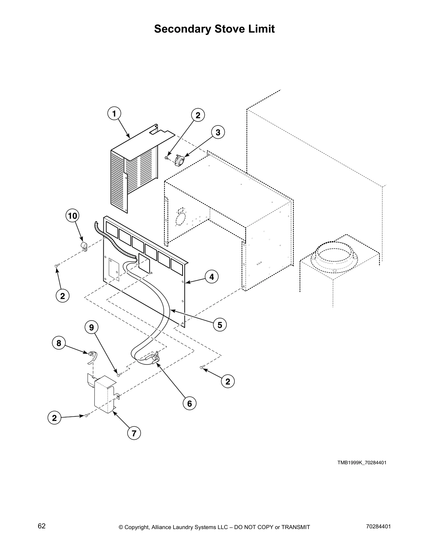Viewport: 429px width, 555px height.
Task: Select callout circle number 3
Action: (218, 132)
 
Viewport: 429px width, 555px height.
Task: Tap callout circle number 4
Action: (211, 277)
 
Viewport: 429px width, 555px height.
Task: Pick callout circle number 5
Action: (220, 325)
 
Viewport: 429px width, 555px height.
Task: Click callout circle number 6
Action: (189, 404)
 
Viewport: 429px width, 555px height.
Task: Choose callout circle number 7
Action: (134, 433)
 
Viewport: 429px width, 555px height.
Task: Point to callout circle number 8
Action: (59, 343)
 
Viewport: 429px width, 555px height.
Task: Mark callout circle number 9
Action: (91, 328)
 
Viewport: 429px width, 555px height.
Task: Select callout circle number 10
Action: (72, 216)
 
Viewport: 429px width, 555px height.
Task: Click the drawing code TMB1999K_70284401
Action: (362, 463)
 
